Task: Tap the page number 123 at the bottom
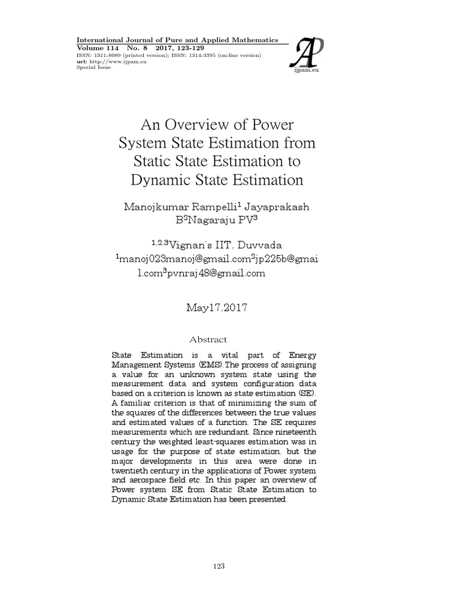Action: point(229,566)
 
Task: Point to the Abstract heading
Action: point(208,339)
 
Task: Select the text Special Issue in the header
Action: point(94,68)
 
